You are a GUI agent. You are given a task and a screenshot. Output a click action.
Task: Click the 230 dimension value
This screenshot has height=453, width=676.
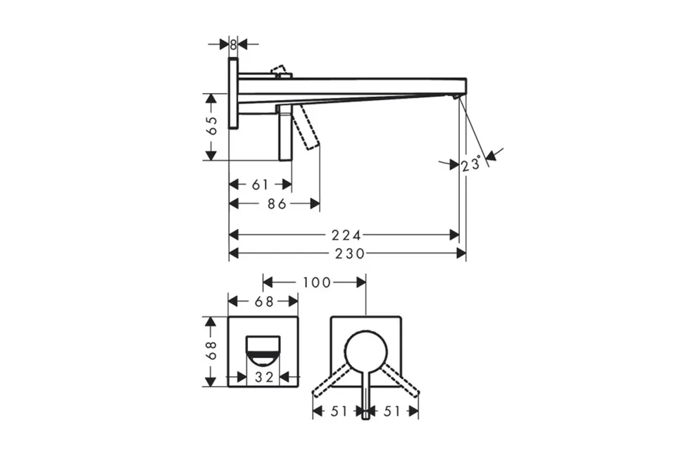point(351,253)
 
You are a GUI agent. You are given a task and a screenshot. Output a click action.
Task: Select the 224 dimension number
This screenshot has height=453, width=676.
point(346,235)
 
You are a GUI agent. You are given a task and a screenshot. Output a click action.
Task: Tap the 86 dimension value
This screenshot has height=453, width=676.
point(277,204)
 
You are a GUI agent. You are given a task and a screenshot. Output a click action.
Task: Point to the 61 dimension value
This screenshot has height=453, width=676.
point(260,185)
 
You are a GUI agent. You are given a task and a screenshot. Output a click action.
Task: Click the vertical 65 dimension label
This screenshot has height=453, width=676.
point(212,125)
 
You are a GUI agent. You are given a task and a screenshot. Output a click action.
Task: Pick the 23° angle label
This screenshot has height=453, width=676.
point(471,164)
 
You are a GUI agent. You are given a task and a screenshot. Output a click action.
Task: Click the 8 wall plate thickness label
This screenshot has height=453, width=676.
point(233,44)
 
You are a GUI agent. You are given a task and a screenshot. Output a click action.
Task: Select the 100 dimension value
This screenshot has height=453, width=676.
point(317,283)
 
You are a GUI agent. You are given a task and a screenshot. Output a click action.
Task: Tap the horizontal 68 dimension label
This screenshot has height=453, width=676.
point(264,302)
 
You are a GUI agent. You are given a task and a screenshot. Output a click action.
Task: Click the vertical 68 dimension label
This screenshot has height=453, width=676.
point(212,350)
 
